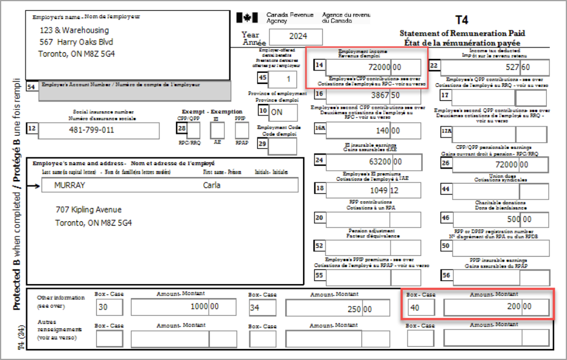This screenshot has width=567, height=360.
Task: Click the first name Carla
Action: click(x=212, y=185)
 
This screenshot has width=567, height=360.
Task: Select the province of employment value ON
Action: click(x=277, y=112)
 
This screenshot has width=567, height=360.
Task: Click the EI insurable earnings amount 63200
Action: click(x=377, y=162)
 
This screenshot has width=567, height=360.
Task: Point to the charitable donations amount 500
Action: click(x=512, y=218)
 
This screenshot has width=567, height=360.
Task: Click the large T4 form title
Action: click(x=462, y=20)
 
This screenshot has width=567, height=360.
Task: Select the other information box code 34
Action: click(x=256, y=308)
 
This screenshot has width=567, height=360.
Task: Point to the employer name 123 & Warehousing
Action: click(x=74, y=30)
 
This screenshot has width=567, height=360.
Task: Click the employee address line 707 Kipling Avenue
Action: click(x=89, y=210)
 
